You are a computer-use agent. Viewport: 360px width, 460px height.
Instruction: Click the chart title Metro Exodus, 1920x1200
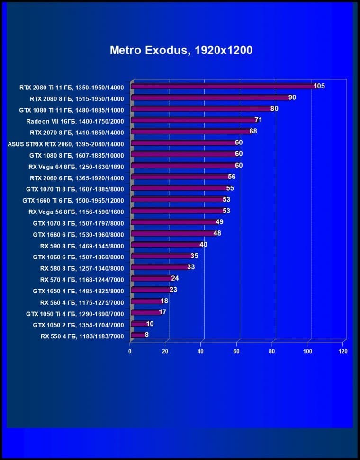click(x=181, y=50)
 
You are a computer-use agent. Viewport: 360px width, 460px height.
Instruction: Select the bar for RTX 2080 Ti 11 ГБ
click(x=223, y=87)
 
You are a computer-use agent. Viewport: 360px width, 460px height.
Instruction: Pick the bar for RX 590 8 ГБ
click(x=166, y=245)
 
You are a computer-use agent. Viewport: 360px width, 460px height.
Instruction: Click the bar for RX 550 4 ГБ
click(x=138, y=336)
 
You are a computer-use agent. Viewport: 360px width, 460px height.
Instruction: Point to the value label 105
click(x=319, y=86)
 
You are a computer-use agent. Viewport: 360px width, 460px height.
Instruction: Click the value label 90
click(x=292, y=97)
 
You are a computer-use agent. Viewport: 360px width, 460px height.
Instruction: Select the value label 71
click(x=258, y=120)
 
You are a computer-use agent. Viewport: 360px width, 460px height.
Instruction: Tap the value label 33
click(x=191, y=267)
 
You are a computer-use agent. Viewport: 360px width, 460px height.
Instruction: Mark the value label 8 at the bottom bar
click(x=146, y=335)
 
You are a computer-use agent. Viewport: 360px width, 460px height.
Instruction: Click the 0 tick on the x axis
click(x=130, y=352)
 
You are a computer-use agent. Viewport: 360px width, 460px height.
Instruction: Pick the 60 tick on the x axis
click(x=236, y=352)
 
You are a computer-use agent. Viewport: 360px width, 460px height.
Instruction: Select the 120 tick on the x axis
click(x=342, y=352)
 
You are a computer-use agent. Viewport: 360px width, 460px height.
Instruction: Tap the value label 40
click(x=203, y=245)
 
